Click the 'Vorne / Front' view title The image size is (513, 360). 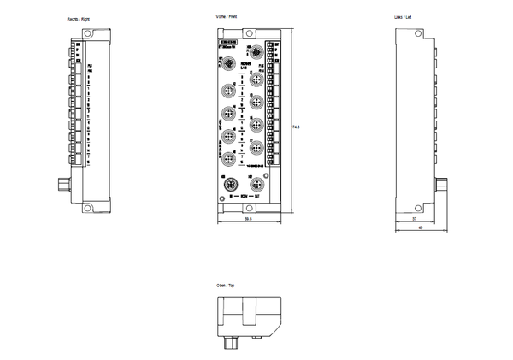pyautogui.click(x=227, y=18)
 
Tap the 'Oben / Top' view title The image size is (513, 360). pyautogui.click(x=226, y=285)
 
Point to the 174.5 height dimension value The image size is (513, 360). pyautogui.click(x=298, y=127)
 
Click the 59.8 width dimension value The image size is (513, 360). pyautogui.click(x=248, y=220)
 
